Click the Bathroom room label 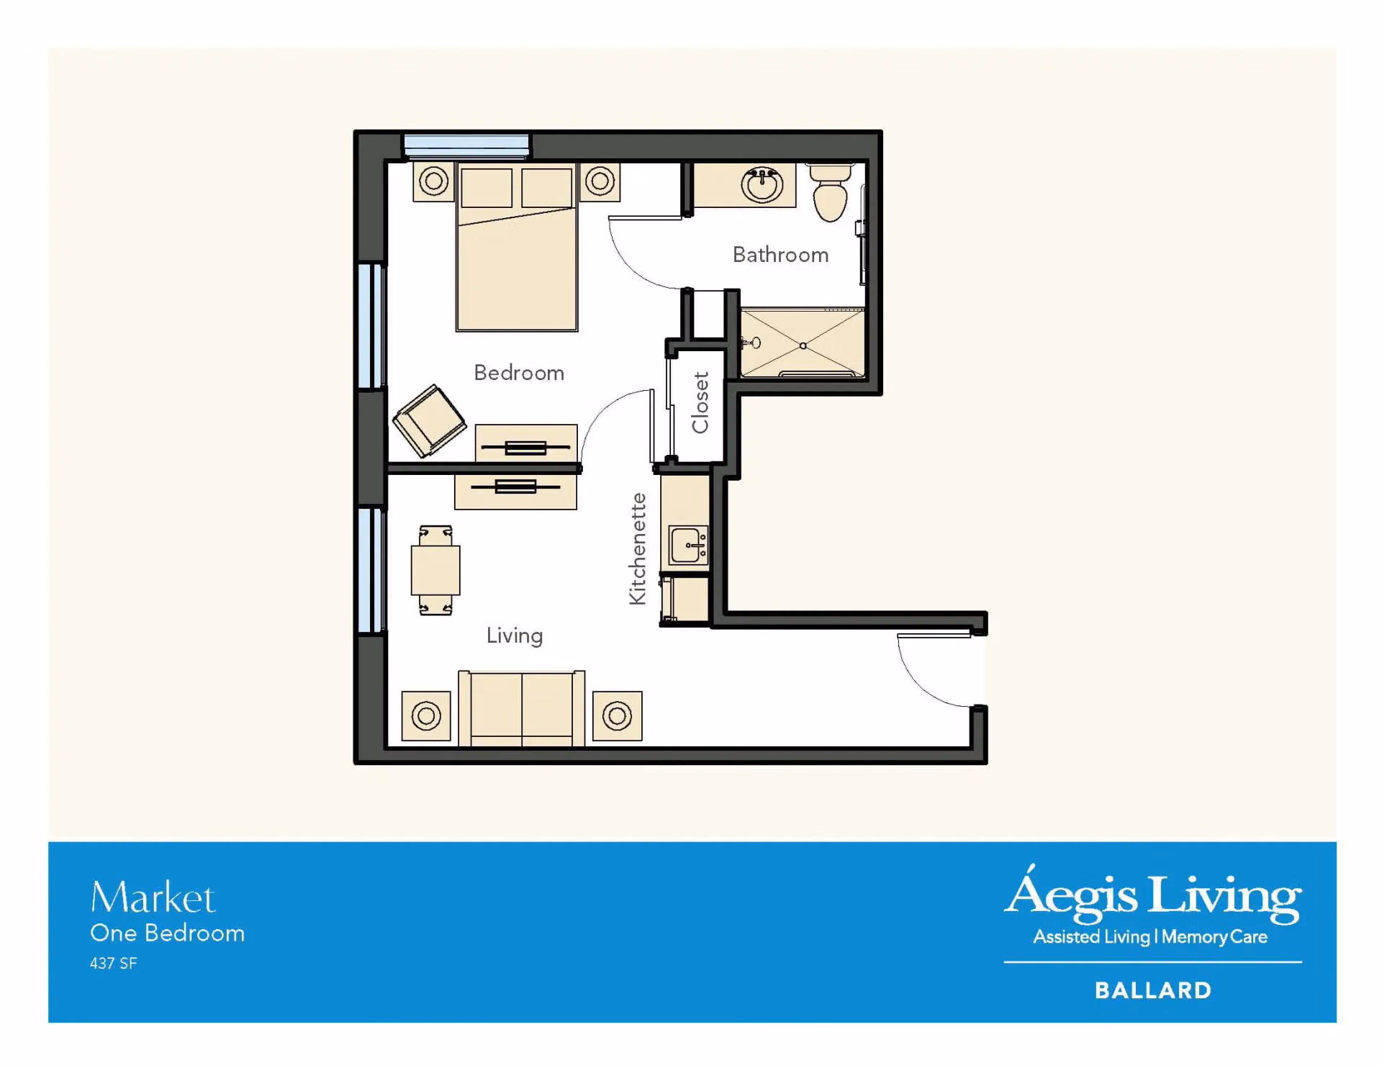(x=780, y=255)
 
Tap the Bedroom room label (x=519, y=373)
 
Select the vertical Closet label (x=700, y=402)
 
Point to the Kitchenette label (x=638, y=549)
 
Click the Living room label (x=515, y=635)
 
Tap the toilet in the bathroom (x=831, y=192)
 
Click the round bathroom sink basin (x=762, y=186)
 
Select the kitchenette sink (x=689, y=545)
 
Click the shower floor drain (x=803, y=346)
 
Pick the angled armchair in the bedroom (x=429, y=421)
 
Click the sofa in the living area (x=522, y=708)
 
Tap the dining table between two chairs (x=435, y=570)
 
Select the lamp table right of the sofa (x=618, y=716)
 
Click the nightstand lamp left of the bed (x=434, y=181)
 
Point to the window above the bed (x=466, y=145)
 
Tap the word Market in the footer (x=153, y=898)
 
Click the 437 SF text (x=114, y=963)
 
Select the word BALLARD (x=1153, y=990)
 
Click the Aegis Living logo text (x=1153, y=895)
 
